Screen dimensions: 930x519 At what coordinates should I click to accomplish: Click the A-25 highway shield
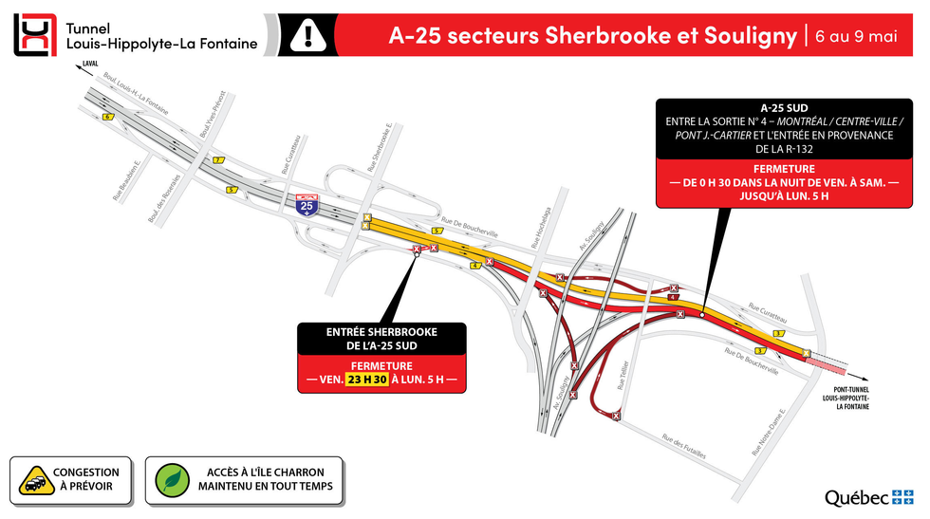click(306, 205)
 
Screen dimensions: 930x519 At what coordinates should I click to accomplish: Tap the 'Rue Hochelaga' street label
click(541, 227)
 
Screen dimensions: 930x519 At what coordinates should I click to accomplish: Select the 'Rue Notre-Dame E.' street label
click(769, 433)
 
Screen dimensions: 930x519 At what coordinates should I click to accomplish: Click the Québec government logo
click(868, 497)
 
